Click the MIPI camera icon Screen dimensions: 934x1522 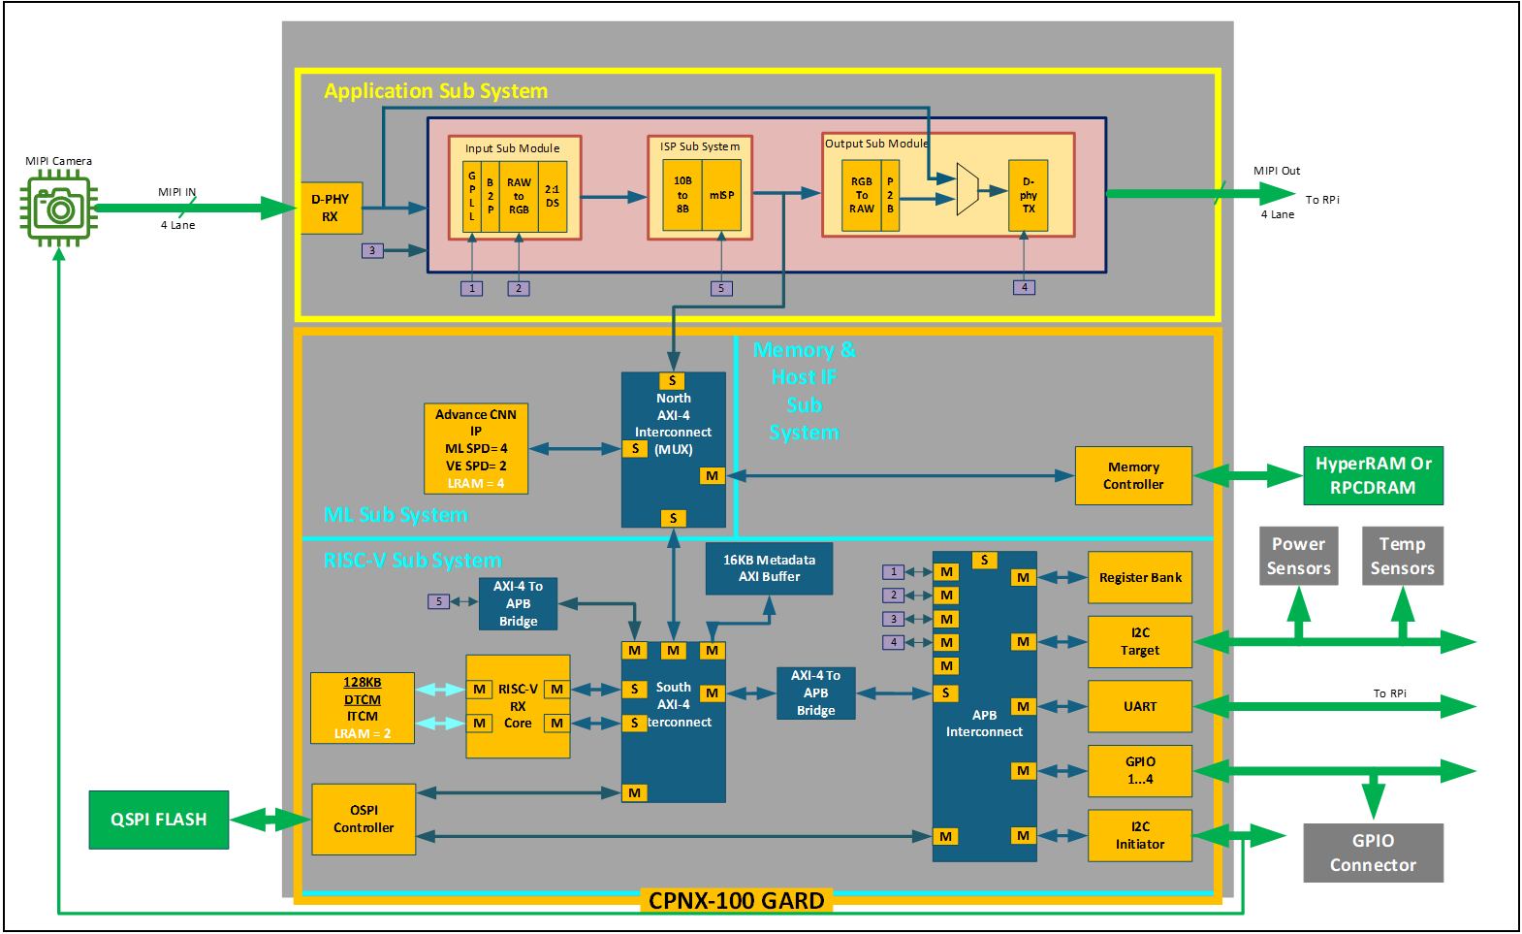[x=59, y=208]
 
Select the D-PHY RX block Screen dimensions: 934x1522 [x=331, y=208]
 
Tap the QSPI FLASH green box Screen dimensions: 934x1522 [x=159, y=820]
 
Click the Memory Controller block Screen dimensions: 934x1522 [x=1133, y=475]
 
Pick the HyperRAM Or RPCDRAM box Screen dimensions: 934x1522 [x=1373, y=475]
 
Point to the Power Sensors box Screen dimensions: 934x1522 [x=1298, y=556]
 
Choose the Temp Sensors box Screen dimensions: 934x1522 [x=1402, y=556]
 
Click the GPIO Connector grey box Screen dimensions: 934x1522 [x=1373, y=853]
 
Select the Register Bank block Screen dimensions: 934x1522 [x=1140, y=577]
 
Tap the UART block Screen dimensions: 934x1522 [x=1140, y=706]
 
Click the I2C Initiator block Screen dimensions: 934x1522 [x=1140, y=835]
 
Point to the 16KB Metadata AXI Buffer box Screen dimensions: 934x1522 [x=769, y=568]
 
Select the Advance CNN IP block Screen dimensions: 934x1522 [x=476, y=448]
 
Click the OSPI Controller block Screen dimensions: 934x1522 [x=364, y=819]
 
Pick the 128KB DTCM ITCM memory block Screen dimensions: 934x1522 [x=363, y=707]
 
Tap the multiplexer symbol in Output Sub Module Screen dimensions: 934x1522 [x=967, y=189]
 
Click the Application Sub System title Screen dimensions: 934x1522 [x=435, y=91]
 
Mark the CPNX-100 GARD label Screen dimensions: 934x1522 [x=736, y=900]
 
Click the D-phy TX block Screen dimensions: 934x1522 [x=1028, y=195]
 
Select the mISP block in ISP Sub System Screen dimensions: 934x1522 [x=721, y=195]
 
